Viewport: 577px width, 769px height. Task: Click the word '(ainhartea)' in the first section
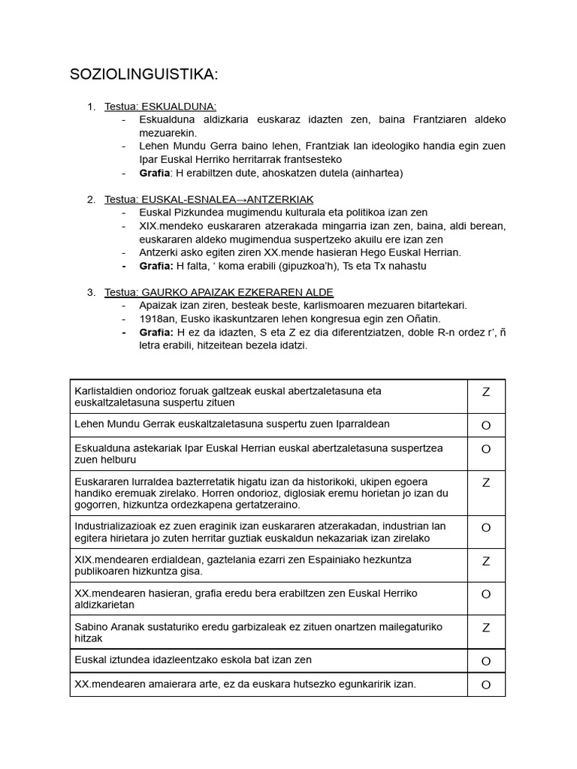point(375,173)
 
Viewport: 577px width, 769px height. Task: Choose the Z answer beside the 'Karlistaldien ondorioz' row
point(485,392)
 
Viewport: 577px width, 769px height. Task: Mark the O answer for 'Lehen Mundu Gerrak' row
point(485,425)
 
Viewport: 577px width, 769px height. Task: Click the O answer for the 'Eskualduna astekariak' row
point(485,449)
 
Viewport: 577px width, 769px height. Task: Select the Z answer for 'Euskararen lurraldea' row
point(485,483)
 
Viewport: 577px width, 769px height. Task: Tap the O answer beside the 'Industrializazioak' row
point(485,528)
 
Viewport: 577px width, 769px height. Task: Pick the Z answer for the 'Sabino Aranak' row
point(485,628)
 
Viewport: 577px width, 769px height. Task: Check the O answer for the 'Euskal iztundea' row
point(485,661)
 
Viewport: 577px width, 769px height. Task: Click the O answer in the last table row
point(485,684)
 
